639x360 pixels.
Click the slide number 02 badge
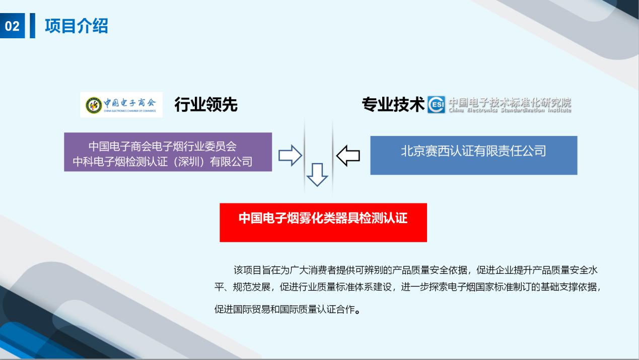click(12, 26)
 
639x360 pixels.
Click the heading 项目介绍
click(77, 26)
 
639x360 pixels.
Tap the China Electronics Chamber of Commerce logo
click(121, 105)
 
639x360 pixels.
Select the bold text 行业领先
click(205, 104)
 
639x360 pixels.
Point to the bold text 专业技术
click(393, 104)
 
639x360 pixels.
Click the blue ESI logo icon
click(436, 105)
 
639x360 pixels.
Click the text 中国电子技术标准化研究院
click(510, 102)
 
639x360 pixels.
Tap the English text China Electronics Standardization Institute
click(510, 110)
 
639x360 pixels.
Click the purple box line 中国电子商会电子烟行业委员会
click(163, 147)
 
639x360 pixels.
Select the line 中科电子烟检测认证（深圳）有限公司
click(163, 162)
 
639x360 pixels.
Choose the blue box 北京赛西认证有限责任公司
click(473, 155)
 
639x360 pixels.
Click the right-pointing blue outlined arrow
click(290, 155)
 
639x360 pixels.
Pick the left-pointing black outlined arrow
click(348, 156)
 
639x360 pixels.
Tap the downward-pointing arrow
click(317, 175)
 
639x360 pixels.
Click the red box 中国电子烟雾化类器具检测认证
click(323, 223)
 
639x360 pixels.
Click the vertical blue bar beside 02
click(33, 26)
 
